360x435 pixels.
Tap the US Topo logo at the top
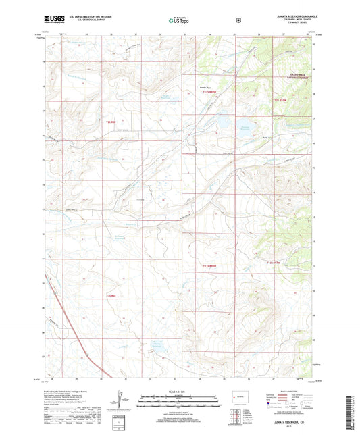pyautogui.click(x=179, y=20)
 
